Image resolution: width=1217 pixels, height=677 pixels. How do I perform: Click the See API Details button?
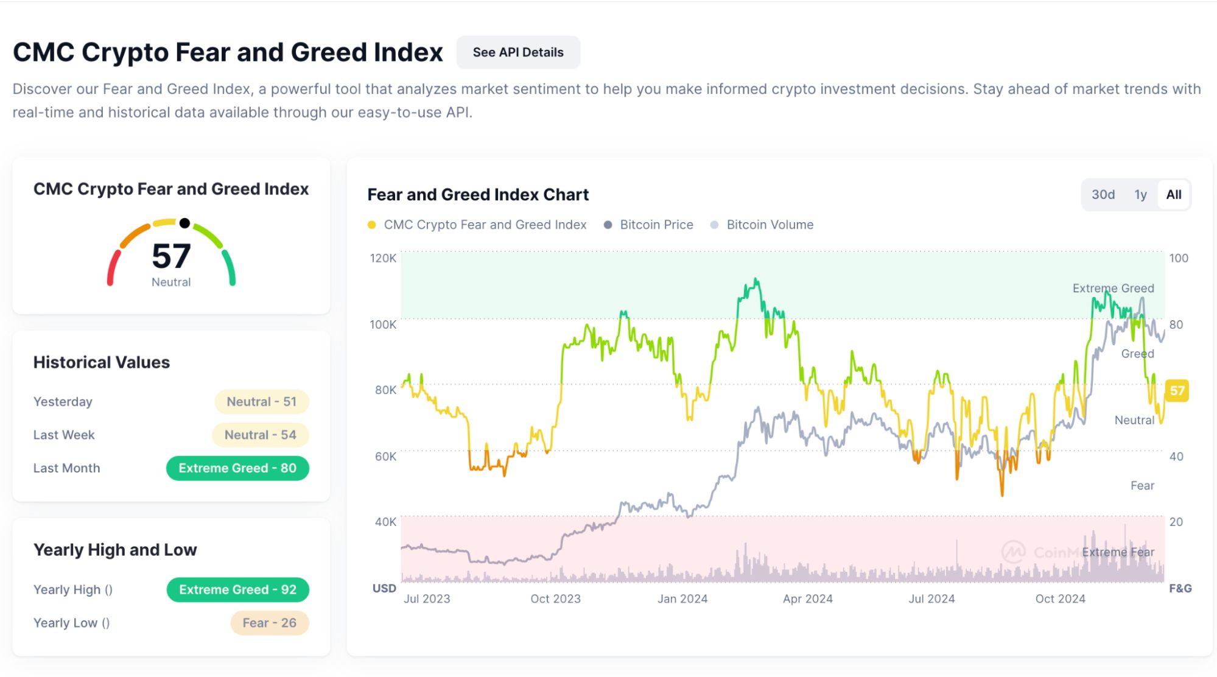(517, 52)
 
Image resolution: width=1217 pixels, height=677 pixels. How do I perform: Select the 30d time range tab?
(1103, 195)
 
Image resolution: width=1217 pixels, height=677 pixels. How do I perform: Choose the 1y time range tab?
(1140, 195)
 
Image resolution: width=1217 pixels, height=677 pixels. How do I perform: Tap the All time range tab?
(1173, 195)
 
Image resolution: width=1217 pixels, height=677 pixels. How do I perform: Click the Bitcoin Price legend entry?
(648, 225)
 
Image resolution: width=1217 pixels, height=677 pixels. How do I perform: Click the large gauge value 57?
(171, 256)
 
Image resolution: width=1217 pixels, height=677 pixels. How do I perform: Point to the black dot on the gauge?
(184, 223)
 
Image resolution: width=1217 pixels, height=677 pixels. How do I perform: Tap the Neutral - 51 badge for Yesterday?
(261, 402)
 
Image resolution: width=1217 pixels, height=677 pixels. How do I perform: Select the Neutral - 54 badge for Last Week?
(260, 435)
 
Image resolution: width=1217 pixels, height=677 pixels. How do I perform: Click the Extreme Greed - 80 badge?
(237, 468)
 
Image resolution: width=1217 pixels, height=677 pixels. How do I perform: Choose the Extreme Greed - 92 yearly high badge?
(237, 589)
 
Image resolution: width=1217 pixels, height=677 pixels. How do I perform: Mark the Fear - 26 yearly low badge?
(269, 623)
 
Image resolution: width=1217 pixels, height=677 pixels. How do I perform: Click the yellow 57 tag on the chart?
(1177, 391)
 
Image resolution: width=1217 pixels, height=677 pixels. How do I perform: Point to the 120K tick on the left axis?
(383, 258)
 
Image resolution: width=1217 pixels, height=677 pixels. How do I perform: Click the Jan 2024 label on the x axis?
(682, 598)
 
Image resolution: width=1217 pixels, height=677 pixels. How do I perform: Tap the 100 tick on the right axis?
(1178, 258)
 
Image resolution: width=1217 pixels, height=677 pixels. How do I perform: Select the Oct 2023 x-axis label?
(555, 598)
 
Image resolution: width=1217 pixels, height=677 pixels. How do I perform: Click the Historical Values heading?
(102, 362)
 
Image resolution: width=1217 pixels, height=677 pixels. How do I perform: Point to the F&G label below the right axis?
(1180, 588)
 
